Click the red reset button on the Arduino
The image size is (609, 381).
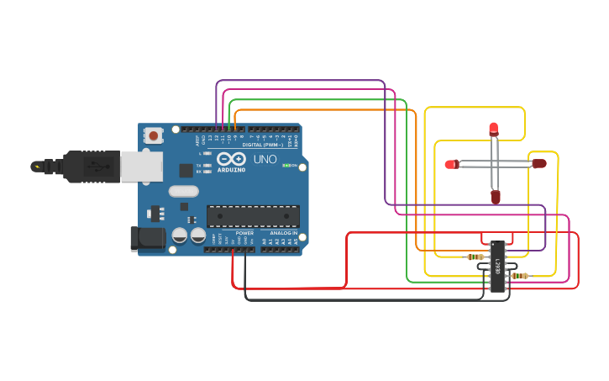point(154,135)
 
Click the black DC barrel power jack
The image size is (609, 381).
point(148,238)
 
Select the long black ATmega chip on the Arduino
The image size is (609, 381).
point(253,216)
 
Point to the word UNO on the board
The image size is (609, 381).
point(265,159)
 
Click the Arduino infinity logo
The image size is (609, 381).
point(231,159)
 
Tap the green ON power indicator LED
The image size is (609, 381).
point(286,166)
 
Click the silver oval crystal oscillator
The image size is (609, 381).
point(183,191)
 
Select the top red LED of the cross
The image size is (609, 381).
point(493,129)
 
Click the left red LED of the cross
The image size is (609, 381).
point(452,164)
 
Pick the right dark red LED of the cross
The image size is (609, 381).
point(538,164)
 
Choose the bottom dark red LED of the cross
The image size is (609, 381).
point(496,197)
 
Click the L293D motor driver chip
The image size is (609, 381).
point(497,267)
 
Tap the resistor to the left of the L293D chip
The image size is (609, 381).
point(475,257)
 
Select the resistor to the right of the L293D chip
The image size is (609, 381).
point(520,276)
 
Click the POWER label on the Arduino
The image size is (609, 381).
point(244,233)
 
